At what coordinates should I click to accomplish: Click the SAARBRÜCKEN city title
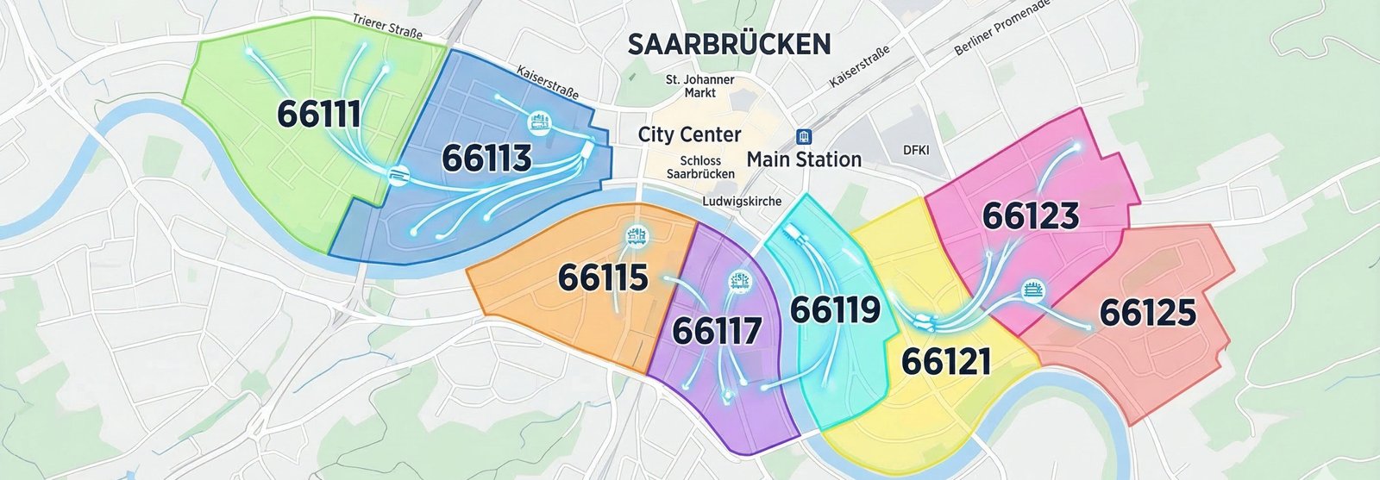pos(729,44)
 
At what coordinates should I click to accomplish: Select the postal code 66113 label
pos(486,159)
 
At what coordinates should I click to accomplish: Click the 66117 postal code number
pos(715,331)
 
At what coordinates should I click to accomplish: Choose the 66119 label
pos(834,310)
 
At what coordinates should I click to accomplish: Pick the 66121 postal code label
pos(945,361)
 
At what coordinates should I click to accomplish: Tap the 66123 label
pos(1030,215)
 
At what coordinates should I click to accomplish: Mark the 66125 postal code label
pos(1148,313)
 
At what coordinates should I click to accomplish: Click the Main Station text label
pos(804,159)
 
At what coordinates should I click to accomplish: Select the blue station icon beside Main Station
pos(805,137)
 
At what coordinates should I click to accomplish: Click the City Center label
pos(689,134)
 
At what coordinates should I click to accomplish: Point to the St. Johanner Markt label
pos(699,85)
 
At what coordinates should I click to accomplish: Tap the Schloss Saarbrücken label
pos(701,167)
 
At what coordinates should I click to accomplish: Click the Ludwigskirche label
pos(743,201)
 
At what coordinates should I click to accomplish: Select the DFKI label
pos(915,149)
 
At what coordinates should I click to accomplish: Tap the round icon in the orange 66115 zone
pos(633,234)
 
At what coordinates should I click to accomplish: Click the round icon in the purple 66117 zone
pos(739,279)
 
